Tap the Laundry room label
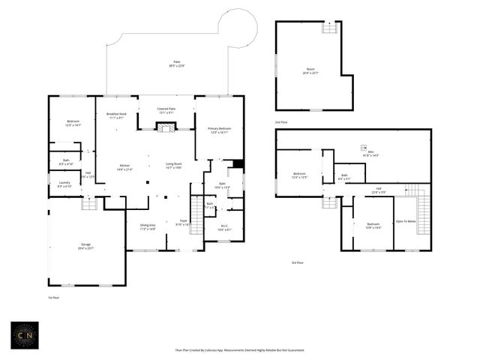64,184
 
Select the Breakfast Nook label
117,115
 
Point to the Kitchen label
125,168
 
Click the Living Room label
174,166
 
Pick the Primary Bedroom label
219,130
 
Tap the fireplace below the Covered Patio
166,128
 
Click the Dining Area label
147,227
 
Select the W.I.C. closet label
224,228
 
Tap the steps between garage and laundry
89,203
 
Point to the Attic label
370,153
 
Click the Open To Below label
405,222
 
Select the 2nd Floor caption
282,121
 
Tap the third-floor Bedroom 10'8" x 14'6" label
373,226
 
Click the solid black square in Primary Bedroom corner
238,164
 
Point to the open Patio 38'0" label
177,64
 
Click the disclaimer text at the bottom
240,349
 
